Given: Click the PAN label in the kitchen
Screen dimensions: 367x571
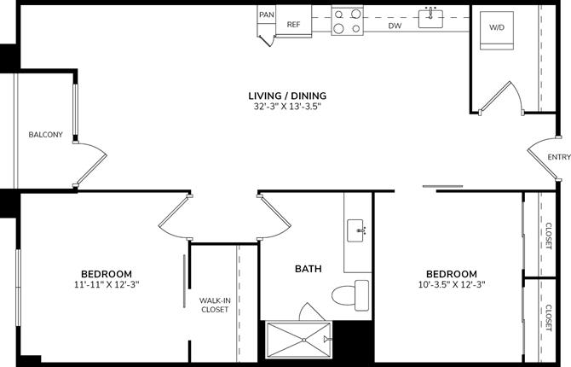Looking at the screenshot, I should pos(267,15).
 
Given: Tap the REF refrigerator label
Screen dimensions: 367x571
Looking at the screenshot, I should pos(293,25).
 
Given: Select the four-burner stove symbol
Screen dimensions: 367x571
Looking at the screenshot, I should pos(348,20).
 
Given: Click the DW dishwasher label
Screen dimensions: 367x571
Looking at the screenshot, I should pos(395,26).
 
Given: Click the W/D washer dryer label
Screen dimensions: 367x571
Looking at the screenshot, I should pos(497,27).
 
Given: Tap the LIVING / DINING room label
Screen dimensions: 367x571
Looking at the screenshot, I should pos(287,96).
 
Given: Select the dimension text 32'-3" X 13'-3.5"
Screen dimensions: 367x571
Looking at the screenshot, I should pos(287,108).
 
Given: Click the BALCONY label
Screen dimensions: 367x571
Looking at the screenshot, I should pos(45,135).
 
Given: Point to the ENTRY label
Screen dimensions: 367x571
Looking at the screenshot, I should pos(559,157).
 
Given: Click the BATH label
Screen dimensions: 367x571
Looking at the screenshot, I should pos(308,269).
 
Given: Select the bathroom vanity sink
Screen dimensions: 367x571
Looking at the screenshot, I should pos(358,229).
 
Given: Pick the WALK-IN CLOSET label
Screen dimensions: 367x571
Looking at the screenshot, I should pos(215,305).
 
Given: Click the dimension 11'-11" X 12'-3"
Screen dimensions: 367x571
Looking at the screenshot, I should pos(107,285).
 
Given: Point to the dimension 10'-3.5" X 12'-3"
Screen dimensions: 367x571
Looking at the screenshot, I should pos(453,285).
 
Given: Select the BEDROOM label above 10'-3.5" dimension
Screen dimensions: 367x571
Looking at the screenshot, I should pos(453,273).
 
